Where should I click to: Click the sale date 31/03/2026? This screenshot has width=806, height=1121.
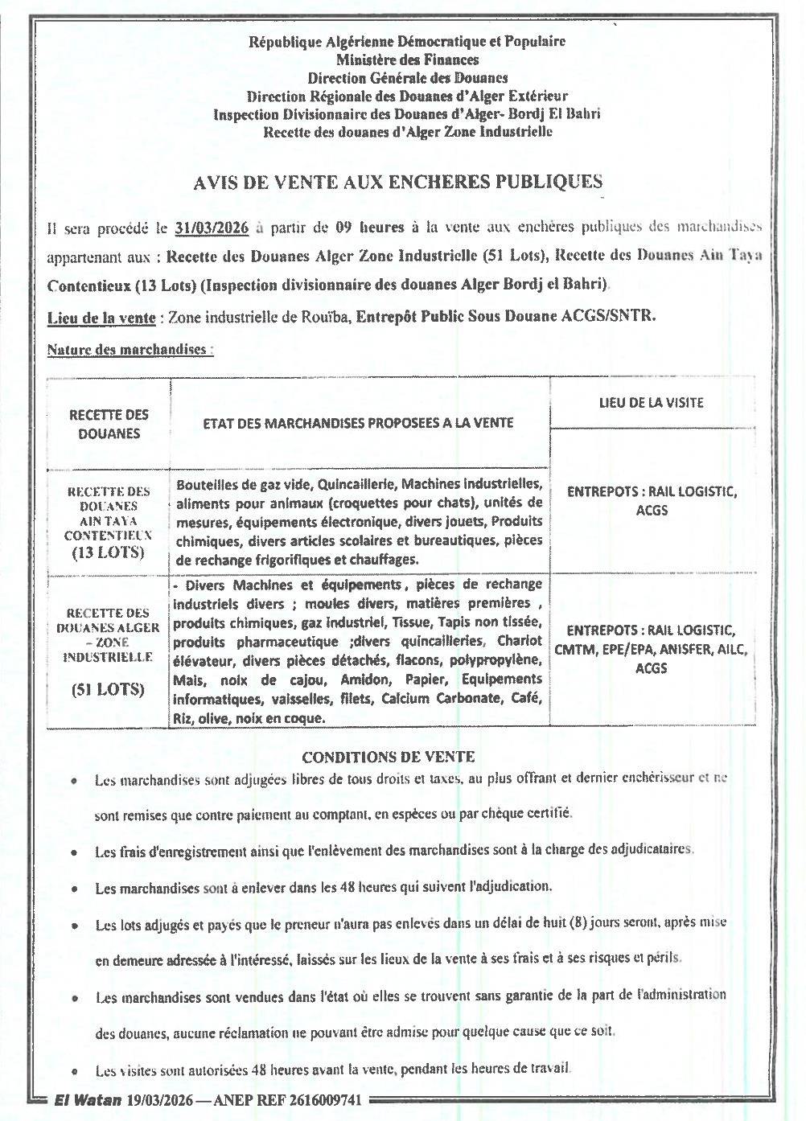212,228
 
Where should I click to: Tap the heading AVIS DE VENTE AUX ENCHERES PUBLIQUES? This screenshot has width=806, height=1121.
398,183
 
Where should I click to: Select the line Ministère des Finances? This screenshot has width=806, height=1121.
407,60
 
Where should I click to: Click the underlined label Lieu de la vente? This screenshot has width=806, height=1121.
101,317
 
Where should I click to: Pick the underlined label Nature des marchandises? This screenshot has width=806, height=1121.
130,350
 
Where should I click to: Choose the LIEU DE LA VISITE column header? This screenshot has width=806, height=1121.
651,402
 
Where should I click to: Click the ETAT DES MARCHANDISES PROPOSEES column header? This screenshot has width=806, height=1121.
358,423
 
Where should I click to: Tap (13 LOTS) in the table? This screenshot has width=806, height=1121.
109,552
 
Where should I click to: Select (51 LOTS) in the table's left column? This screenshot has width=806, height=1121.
109,689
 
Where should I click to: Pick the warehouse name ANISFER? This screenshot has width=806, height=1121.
684,650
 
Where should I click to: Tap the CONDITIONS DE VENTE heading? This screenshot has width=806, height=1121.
388,757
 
